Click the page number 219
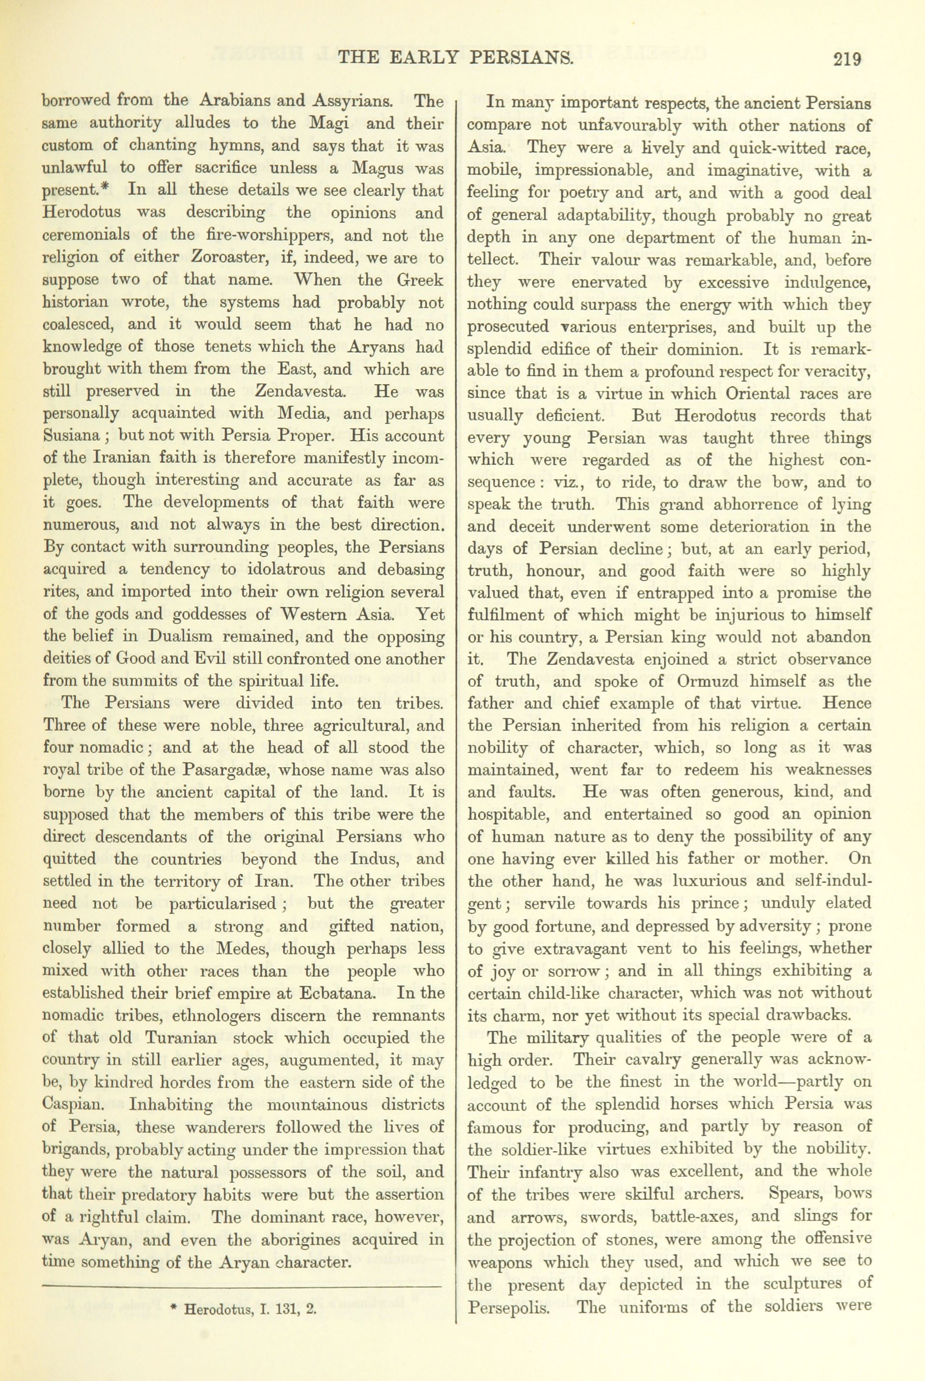pos(848,59)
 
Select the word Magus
pos(378,168)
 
